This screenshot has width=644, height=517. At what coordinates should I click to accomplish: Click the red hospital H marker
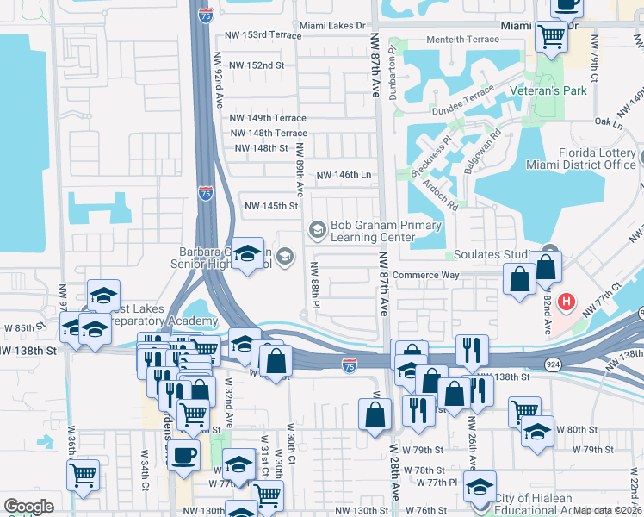pos(567,302)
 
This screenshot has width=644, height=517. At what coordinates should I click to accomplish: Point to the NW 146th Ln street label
pos(344,175)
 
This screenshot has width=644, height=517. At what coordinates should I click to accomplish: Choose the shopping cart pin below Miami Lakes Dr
pos(551,36)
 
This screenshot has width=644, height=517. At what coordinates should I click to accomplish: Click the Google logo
pos(28,507)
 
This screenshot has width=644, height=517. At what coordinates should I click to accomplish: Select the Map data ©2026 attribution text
pos(608,510)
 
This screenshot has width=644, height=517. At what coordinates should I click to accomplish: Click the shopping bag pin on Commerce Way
pos(520,280)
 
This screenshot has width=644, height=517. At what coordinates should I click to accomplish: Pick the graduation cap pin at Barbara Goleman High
pos(248,254)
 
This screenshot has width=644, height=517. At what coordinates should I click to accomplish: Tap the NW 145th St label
pos(271,206)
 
